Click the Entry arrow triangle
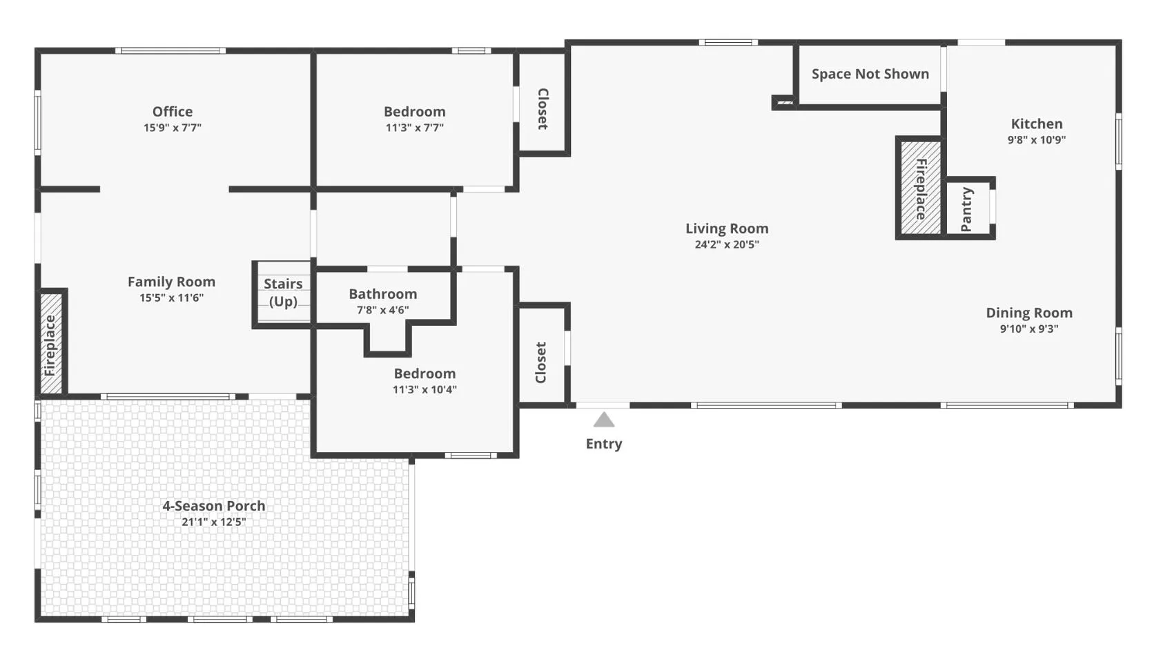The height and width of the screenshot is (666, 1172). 604,420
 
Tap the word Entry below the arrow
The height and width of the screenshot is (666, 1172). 604,444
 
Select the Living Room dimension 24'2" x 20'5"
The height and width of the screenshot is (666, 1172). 727,244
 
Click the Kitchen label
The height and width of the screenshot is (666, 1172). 1037,124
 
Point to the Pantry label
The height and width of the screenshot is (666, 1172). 966,209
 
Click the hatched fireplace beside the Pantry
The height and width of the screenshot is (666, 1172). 920,188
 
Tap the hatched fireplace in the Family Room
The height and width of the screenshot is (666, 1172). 51,344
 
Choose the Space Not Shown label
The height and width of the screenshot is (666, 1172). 870,74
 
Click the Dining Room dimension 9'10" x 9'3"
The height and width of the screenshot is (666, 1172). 1029,329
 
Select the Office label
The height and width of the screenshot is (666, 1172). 173,111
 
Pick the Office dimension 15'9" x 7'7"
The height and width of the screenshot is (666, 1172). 173,128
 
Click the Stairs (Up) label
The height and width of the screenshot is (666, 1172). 283,293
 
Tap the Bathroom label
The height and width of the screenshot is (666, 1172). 383,294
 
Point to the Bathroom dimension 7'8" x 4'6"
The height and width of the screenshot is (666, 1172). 383,311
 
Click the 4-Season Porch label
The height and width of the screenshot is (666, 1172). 214,506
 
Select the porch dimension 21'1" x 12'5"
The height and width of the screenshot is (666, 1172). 214,522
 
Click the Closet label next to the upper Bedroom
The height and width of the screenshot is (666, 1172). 543,109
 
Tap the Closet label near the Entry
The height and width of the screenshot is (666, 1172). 541,362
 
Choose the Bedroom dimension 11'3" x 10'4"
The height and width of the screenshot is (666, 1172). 425,390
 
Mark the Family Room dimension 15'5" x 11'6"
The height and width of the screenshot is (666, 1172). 172,298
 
